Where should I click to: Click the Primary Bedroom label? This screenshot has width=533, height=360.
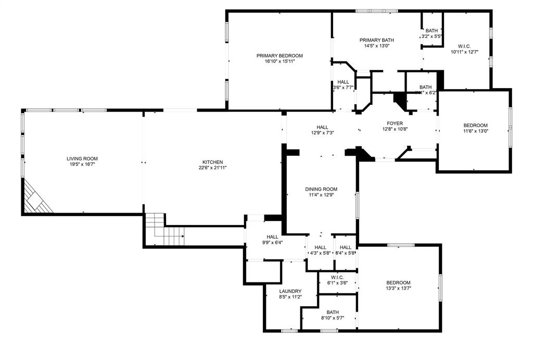(x=279, y=56)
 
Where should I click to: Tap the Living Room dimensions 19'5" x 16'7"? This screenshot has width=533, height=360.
(x=82, y=165)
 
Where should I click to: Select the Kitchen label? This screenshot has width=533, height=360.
(x=212, y=162)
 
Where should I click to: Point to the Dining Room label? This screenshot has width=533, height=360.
(x=321, y=189)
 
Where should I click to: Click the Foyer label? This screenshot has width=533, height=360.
(x=394, y=123)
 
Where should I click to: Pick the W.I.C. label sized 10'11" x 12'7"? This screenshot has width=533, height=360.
(x=464, y=46)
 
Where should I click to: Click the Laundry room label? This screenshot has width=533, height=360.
(x=290, y=291)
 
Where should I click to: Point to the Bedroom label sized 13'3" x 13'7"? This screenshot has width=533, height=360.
(x=398, y=282)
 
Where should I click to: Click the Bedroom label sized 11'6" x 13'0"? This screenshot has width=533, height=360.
(x=475, y=125)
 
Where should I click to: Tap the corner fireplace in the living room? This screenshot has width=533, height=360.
(x=37, y=198)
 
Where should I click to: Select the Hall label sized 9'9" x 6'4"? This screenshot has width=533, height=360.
(x=273, y=237)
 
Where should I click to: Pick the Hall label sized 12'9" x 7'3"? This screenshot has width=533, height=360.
(x=322, y=127)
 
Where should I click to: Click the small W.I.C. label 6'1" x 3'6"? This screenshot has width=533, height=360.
(x=337, y=277)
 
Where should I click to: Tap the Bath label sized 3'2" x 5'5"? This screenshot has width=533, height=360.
(x=432, y=31)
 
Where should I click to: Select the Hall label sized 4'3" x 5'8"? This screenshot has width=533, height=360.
(x=320, y=247)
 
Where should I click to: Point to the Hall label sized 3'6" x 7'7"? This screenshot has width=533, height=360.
(x=343, y=82)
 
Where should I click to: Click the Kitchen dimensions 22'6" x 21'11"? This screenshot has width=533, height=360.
(x=212, y=168)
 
